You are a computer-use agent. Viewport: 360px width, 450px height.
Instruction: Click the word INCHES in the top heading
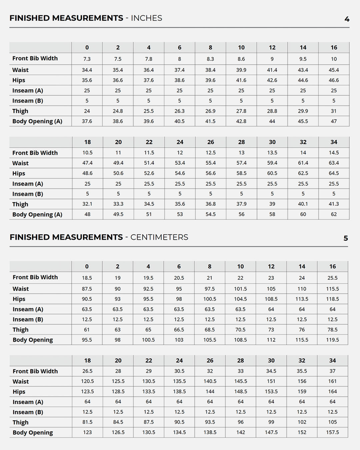pos(146,18)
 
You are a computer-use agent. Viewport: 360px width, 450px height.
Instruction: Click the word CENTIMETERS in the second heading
pos(159,237)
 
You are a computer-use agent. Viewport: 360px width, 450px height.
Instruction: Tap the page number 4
pos(347,19)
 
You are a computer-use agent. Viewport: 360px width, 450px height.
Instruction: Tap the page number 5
pos(346,238)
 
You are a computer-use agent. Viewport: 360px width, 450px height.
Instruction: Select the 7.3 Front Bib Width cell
pos(87,59)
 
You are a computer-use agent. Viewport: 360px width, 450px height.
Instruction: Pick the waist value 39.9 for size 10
pos(241,70)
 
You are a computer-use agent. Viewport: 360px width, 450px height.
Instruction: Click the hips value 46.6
pos(334,80)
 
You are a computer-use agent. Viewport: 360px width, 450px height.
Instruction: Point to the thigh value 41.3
pos(334,204)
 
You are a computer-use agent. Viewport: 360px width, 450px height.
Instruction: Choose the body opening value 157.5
pos(332,432)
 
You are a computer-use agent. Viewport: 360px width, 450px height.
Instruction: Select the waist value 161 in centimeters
pos(332,381)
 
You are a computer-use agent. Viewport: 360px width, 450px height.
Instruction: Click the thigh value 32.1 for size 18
pos(87,204)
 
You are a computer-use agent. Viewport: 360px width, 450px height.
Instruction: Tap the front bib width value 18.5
pos(87,278)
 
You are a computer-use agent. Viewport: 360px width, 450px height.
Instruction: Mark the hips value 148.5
pos(240,392)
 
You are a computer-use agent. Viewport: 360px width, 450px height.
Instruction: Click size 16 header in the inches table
pos(334,48)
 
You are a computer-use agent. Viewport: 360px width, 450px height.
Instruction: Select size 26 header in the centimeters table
pos(210,361)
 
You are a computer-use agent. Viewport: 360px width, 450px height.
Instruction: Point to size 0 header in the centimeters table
pos(87,267)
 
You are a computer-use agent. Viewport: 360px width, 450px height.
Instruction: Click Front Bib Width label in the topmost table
pos(35,58)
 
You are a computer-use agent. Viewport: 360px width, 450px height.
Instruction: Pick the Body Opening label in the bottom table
pos(33,433)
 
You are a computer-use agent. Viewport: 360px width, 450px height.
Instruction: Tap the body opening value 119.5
pos(332,340)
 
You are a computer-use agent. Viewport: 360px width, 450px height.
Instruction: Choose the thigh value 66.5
pos(179,330)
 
